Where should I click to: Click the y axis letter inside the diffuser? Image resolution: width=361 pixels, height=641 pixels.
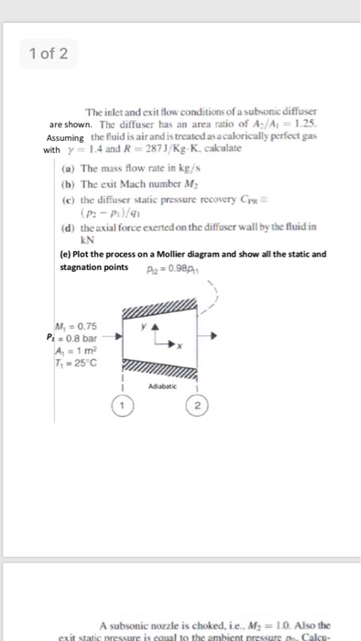[141, 323]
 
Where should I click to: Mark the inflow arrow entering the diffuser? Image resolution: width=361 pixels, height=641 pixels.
[116, 336]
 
